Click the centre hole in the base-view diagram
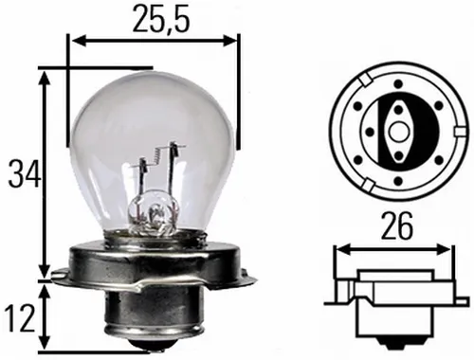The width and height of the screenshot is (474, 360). pos(398,122)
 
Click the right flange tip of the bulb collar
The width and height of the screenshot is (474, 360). pos(254,277)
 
